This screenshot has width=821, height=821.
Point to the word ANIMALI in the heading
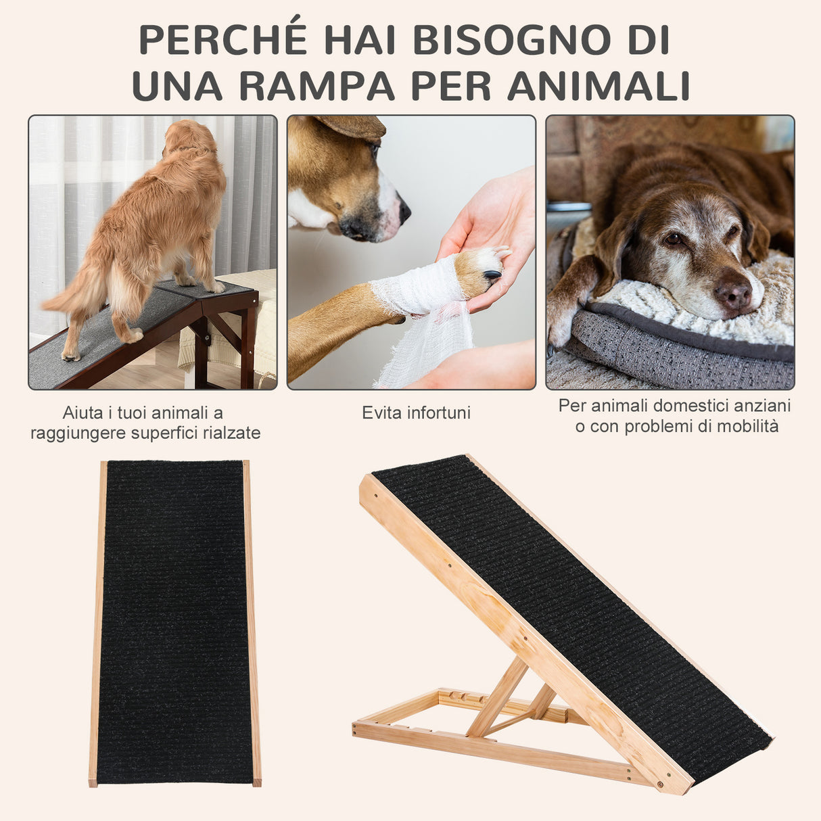pyautogui.click(x=598, y=86)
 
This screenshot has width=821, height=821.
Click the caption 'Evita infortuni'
pyautogui.click(x=416, y=413)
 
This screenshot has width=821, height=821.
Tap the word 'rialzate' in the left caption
pyautogui.click(x=231, y=433)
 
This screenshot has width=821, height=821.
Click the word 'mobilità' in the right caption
pyautogui.click(x=747, y=427)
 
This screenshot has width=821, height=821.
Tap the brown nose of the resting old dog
pyautogui.click(x=732, y=294)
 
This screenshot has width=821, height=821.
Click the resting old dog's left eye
pyautogui.click(x=674, y=239)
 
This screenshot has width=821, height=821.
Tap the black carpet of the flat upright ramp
pyautogui.click(x=174, y=622)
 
